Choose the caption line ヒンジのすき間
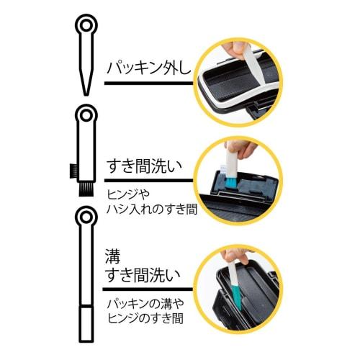click(x=146, y=321)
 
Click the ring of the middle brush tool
click(x=86, y=116)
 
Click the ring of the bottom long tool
click(x=86, y=216)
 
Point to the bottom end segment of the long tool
click(x=86, y=320)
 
